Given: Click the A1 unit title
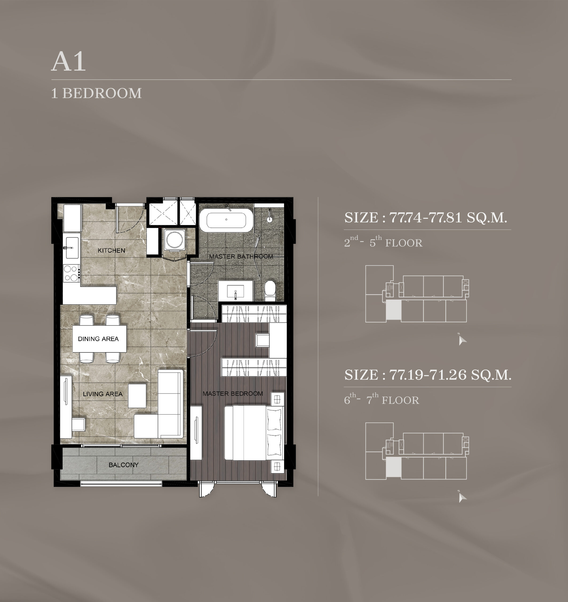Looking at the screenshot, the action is (68, 61).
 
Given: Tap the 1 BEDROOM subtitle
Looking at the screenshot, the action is (96, 93).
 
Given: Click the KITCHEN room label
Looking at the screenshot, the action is (111, 250).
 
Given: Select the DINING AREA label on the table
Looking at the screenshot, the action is (98, 339).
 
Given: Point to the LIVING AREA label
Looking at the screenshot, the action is (103, 394).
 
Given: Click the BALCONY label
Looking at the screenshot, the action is (124, 465).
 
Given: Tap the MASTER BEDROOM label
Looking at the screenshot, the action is (233, 394).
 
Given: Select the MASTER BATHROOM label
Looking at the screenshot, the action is (241, 257).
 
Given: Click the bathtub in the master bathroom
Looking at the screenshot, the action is (226, 220).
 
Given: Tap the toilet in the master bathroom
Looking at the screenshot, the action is (270, 291).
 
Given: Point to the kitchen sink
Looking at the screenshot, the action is (72, 248).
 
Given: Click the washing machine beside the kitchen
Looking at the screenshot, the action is (175, 240).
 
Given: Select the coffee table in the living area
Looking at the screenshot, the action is (137, 396).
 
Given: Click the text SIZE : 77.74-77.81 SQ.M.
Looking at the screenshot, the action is (426, 218).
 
